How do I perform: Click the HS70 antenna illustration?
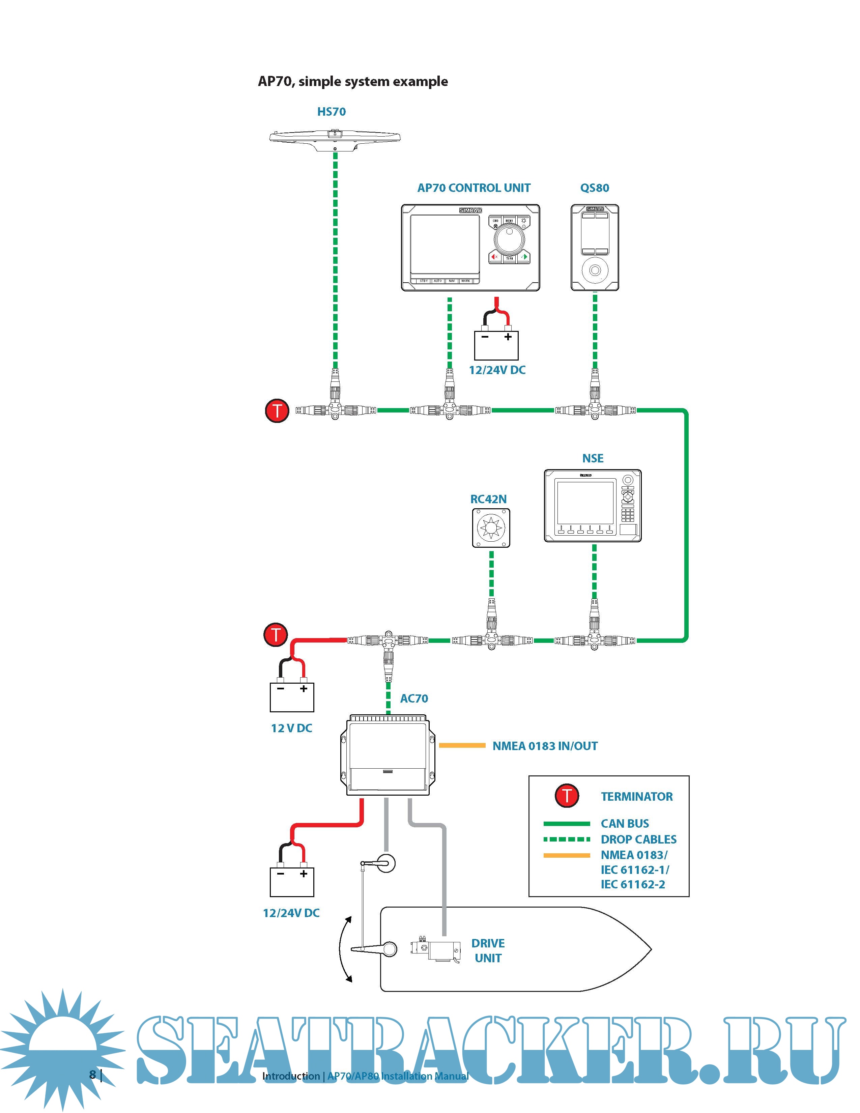(x=335, y=139)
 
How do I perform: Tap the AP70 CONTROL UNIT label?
(x=474, y=188)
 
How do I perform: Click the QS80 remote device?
(x=595, y=248)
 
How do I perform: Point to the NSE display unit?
(x=593, y=506)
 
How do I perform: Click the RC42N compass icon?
(x=491, y=528)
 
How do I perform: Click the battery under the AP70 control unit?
(x=496, y=345)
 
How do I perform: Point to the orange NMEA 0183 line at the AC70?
(x=462, y=746)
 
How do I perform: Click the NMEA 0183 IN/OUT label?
(x=545, y=746)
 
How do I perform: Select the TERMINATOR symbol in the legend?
(x=567, y=796)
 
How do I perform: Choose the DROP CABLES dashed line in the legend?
(x=567, y=839)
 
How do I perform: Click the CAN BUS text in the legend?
(x=625, y=824)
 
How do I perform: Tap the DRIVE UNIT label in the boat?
(x=488, y=950)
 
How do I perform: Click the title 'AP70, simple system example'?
(x=352, y=82)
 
